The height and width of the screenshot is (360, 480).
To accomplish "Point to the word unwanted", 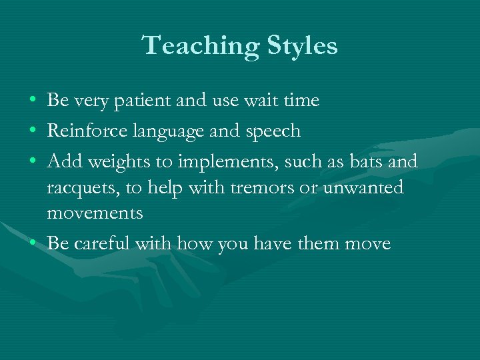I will pos(363,188).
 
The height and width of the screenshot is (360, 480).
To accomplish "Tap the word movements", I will pos(95,213).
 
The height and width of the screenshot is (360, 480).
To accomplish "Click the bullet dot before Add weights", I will pos(33,162).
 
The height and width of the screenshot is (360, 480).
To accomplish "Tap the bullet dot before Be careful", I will pos(33,244).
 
